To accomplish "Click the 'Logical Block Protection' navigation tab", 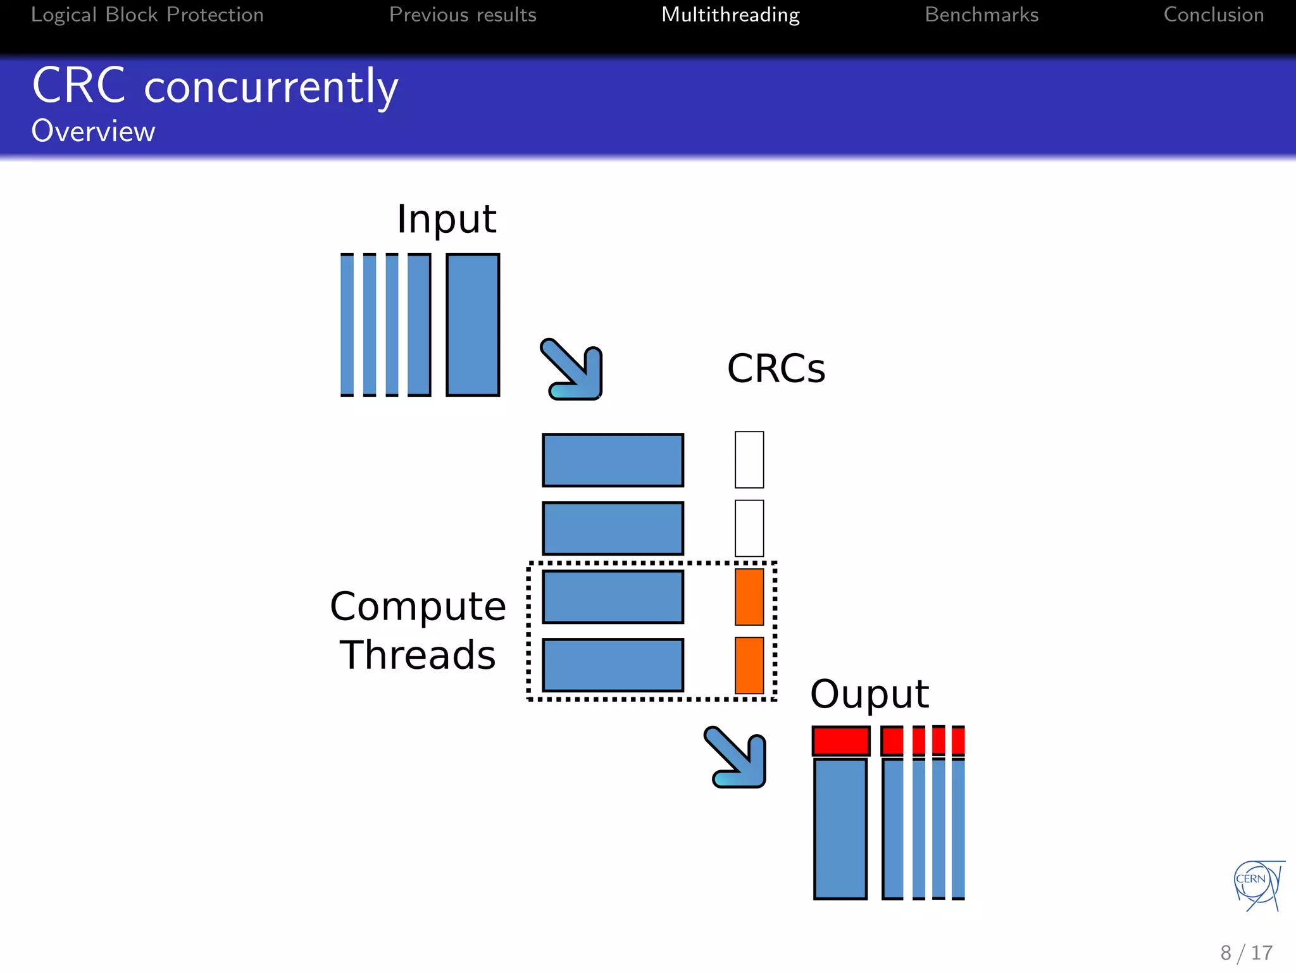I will [147, 15].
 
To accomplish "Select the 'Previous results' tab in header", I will [463, 15].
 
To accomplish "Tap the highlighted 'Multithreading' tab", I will [730, 15].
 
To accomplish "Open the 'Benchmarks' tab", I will [981, 15].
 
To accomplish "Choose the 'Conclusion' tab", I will [1213, 15].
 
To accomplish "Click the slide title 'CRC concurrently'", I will [215, 86].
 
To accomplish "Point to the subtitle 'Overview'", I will [93, 131].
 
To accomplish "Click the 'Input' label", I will [446, 219].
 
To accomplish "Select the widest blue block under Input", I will [473, 325].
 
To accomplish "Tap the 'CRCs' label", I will [776, 368].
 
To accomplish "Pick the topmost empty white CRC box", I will [749, 460].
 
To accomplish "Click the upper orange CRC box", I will [749, 597].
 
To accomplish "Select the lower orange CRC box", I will [749, 665].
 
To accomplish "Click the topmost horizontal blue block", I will [613, 460].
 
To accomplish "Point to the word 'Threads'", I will [418, 654].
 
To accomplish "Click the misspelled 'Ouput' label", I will [869, 694].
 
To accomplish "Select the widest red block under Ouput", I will [840, 741].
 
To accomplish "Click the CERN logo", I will [1257, 885].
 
